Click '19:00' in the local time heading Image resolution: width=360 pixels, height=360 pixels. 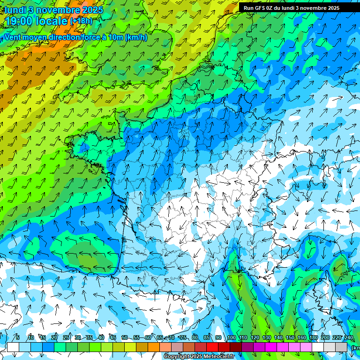click(20, 22)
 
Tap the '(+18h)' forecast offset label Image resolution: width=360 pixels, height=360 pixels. click(81, 21)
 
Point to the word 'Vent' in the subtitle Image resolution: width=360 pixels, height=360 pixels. click(13, 37)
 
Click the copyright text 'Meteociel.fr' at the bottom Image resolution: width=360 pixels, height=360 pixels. click(219, 357)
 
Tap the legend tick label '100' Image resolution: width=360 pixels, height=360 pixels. click(231, 338)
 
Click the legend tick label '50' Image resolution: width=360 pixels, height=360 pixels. click(124, 338)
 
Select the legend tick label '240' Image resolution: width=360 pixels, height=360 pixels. click(348, 338)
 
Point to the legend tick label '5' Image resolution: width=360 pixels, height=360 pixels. click(18, 338)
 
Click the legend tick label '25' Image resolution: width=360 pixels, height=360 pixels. click(66, 338)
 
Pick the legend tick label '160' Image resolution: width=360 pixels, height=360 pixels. click(301, 338)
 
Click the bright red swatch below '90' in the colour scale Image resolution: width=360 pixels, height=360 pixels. click(212, 347)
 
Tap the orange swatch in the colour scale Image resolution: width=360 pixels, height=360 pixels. click(154, 347)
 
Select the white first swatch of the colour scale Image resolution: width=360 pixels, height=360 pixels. click(13, 347)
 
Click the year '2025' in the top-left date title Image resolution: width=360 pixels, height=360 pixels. click(94, 10)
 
